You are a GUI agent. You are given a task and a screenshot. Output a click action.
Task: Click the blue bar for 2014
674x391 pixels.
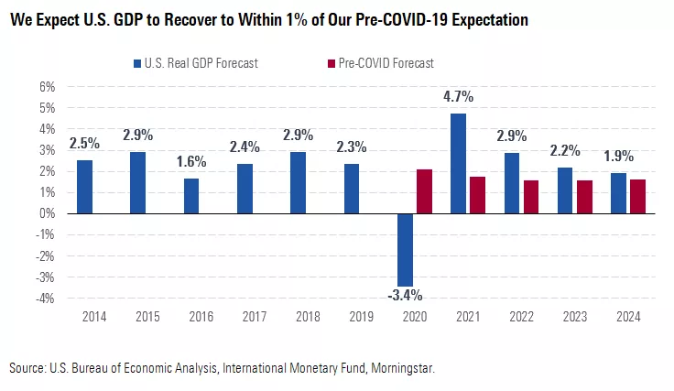coord(84,187)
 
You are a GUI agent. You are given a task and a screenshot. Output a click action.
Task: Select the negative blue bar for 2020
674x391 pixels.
coord(405,249)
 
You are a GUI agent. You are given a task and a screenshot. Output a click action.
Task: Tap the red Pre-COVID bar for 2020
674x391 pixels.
coord(425,191)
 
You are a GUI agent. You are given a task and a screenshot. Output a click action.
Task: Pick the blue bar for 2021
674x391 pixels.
coord(459,163)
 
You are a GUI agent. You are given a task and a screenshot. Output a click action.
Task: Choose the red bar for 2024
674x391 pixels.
coord(638,196)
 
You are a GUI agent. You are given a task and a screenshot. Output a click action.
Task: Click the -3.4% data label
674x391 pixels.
coord(405,295)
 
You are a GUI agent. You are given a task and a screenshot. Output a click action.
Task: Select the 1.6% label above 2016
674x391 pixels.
coord(192,161)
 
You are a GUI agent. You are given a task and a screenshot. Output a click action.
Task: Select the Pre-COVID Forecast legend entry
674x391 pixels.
coord(380,63)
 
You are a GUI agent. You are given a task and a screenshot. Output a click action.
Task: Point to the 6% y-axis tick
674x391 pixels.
coord(46,87)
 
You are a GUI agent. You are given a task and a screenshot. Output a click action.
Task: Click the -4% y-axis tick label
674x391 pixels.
coord(44,299)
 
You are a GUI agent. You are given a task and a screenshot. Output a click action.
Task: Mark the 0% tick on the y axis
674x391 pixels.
coord(46,213)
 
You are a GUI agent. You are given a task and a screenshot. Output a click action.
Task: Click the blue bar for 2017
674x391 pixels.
coord(245,189)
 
